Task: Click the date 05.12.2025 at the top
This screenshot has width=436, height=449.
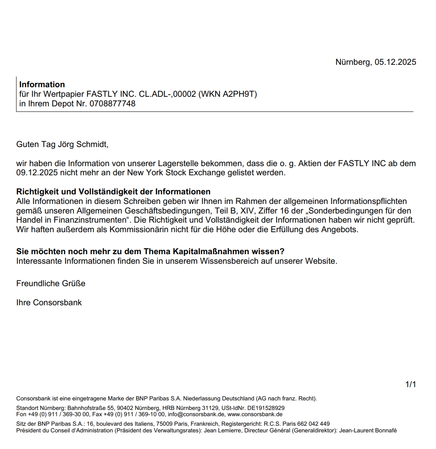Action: click(x=395, y=62)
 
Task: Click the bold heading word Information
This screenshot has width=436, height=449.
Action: click(x=42, y=85)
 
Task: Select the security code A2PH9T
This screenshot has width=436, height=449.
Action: click(x=239, y=94)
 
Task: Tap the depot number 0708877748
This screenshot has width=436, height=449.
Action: click(x=112, y=104)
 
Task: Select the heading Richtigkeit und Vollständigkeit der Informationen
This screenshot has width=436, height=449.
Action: click(x=113, y=192)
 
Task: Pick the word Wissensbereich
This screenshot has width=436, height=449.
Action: click(x=227, y=261)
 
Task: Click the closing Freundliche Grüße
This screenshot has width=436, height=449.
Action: click(x=51, y=284)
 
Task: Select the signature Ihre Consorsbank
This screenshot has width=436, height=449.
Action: click(x=49, y=303)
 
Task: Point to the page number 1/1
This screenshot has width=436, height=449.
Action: click(x=410, y=385)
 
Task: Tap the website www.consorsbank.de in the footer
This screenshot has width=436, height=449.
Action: click(x=255, y=414)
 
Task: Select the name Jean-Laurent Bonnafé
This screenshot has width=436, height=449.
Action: click(x=368, y=430)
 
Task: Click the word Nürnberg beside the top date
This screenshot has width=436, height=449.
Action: click(x=353, y=62)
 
